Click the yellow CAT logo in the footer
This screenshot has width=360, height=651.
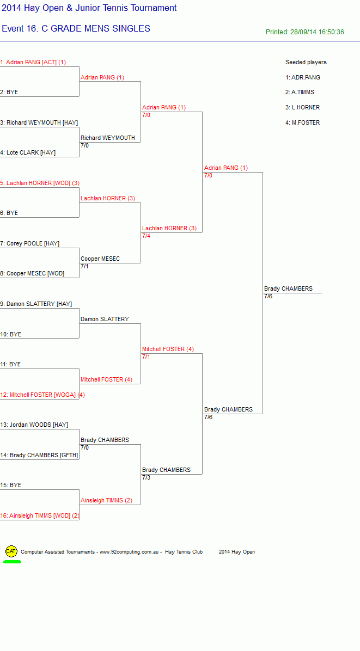pos(11,551)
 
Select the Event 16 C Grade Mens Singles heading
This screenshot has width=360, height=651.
pos(76,29)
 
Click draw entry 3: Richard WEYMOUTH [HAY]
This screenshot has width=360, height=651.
pos(39,122)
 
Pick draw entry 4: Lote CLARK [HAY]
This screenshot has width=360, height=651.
pos(28,153)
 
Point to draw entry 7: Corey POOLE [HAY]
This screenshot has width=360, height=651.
pos(30,243)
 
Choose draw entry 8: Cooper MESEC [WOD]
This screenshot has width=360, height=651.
pos(32,274)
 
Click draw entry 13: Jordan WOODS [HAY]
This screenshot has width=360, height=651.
pos(34,425)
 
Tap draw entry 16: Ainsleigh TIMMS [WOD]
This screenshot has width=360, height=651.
pos(39,515)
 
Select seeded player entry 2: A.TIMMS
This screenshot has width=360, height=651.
pos(300,92)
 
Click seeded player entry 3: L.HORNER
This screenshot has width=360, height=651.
pos(303,108)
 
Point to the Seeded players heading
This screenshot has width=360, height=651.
pos(306,62)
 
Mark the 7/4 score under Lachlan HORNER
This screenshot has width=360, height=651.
pos(146,236)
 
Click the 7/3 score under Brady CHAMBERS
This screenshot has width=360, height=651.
pos(146,477)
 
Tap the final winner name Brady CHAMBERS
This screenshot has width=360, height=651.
pos(288,288)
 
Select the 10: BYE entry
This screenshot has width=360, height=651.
pos(11,334)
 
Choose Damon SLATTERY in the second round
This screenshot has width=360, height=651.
pos(105,320)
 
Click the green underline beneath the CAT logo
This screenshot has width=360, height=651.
pos(12,562)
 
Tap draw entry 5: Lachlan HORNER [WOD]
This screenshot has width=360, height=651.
pos(40,183)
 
